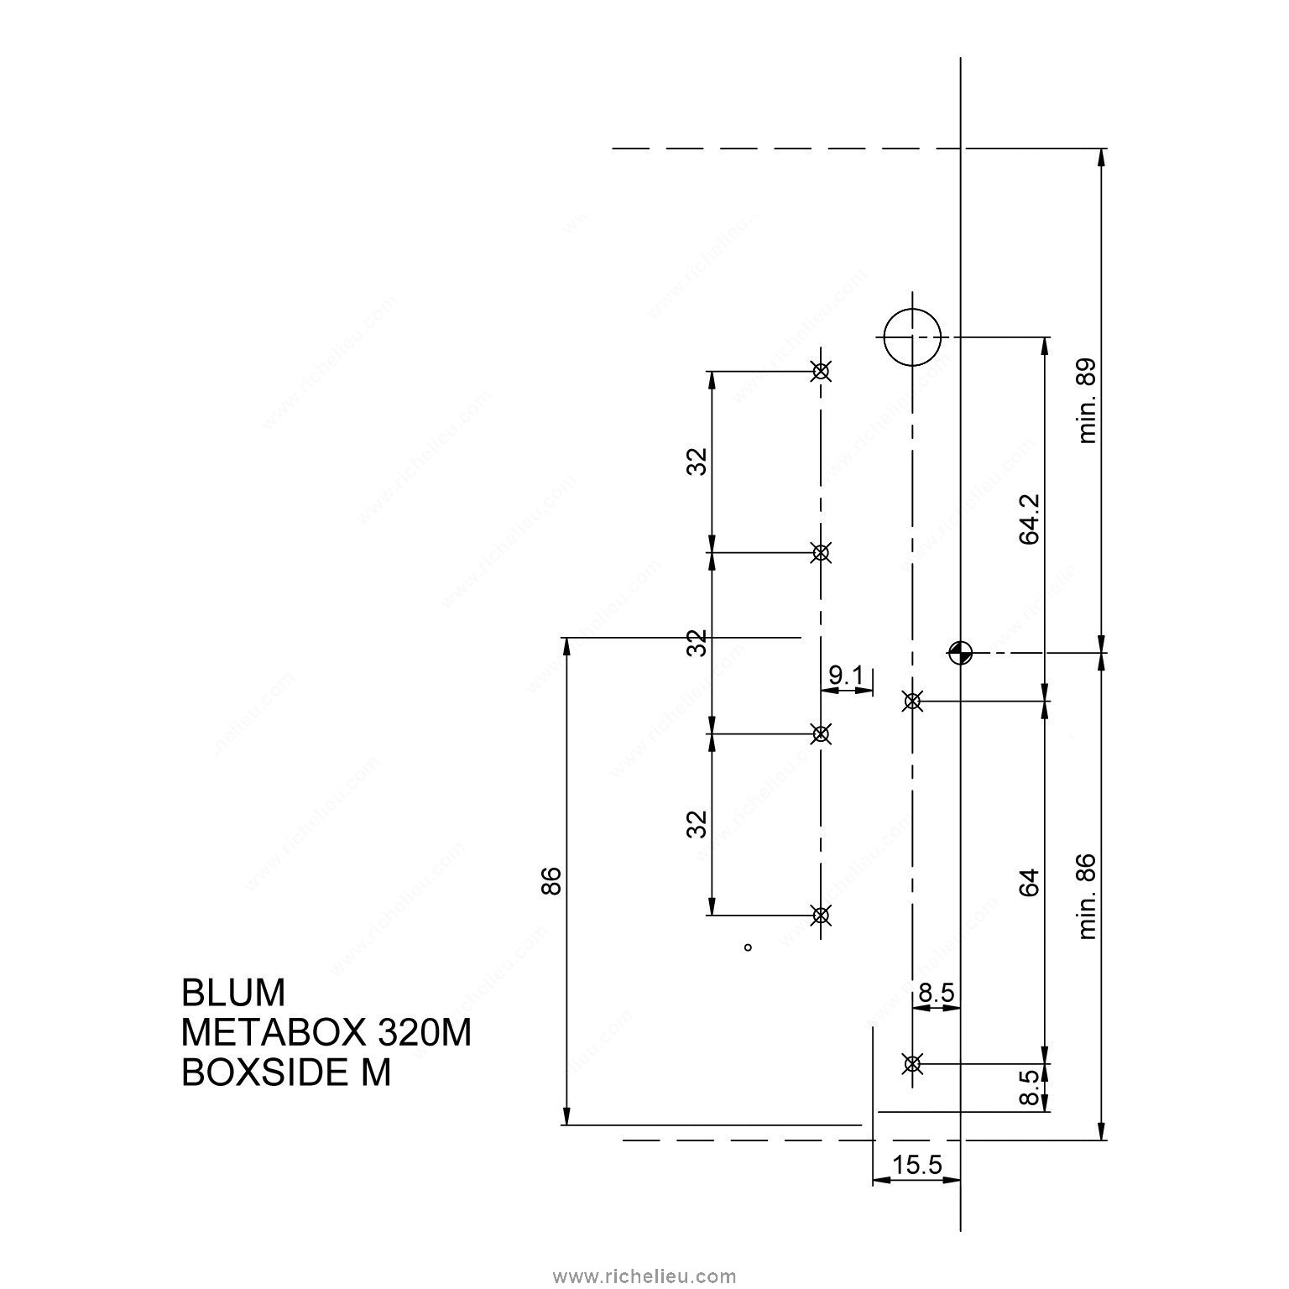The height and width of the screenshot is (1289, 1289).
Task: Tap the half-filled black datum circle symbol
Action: (960, 652)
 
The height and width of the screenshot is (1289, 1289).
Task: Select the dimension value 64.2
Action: (1030, 519)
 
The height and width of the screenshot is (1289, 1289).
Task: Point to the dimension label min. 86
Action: (1088, 896)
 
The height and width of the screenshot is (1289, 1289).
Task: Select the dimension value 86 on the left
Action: (550, 882)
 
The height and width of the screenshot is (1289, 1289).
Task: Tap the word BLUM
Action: (233, 993)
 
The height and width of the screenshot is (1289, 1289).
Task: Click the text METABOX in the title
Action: (274, 1033)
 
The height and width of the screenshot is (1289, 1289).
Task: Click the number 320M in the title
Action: (425, 1033)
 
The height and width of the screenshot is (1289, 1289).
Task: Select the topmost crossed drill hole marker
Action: (821, 371)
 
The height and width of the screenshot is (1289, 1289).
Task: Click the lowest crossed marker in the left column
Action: (821, 915)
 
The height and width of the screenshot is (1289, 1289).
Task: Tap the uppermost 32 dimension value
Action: (697, 462)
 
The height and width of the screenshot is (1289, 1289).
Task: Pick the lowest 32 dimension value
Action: (697, 824)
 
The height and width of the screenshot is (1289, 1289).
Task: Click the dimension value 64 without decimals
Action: (1030, 882)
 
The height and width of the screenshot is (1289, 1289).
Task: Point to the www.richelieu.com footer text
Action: (644, 1276)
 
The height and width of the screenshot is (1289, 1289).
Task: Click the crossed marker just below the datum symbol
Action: (912, 701)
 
